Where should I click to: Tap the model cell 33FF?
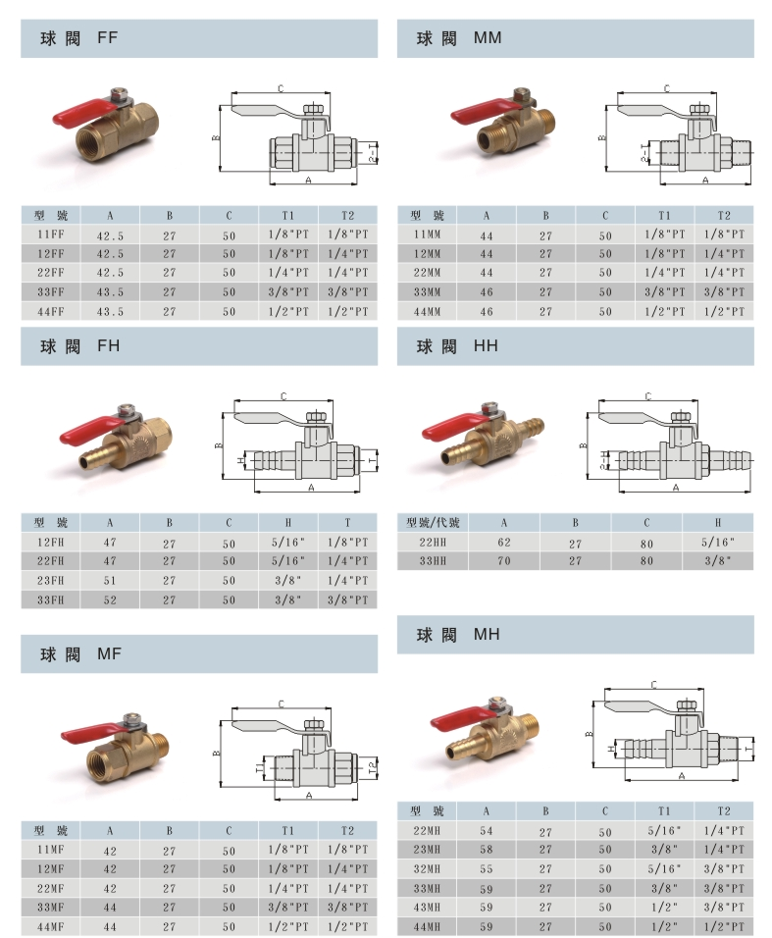click(x=51, y=292)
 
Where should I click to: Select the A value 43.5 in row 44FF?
click(x=110, y=312)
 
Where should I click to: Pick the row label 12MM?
click(x=427, y=254)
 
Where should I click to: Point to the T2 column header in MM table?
click(x=724, y=215)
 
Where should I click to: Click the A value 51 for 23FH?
click(x=110, y=580)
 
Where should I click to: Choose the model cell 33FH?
click(x=51, y=599)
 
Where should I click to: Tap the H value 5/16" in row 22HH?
click(x=718, y=542)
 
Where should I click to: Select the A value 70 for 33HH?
click(x=504, y=561)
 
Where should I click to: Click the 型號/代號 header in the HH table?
click(x=433, y=522)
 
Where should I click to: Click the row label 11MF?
click(x=51, y=850)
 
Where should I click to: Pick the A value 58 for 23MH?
click(x=487, y=850)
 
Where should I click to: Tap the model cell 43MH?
click(x=427, y=908)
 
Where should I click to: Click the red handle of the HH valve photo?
click(x=449, y=427)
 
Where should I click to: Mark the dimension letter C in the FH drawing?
click(x=283, y=396)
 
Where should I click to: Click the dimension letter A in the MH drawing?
click(x=682, y=776)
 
